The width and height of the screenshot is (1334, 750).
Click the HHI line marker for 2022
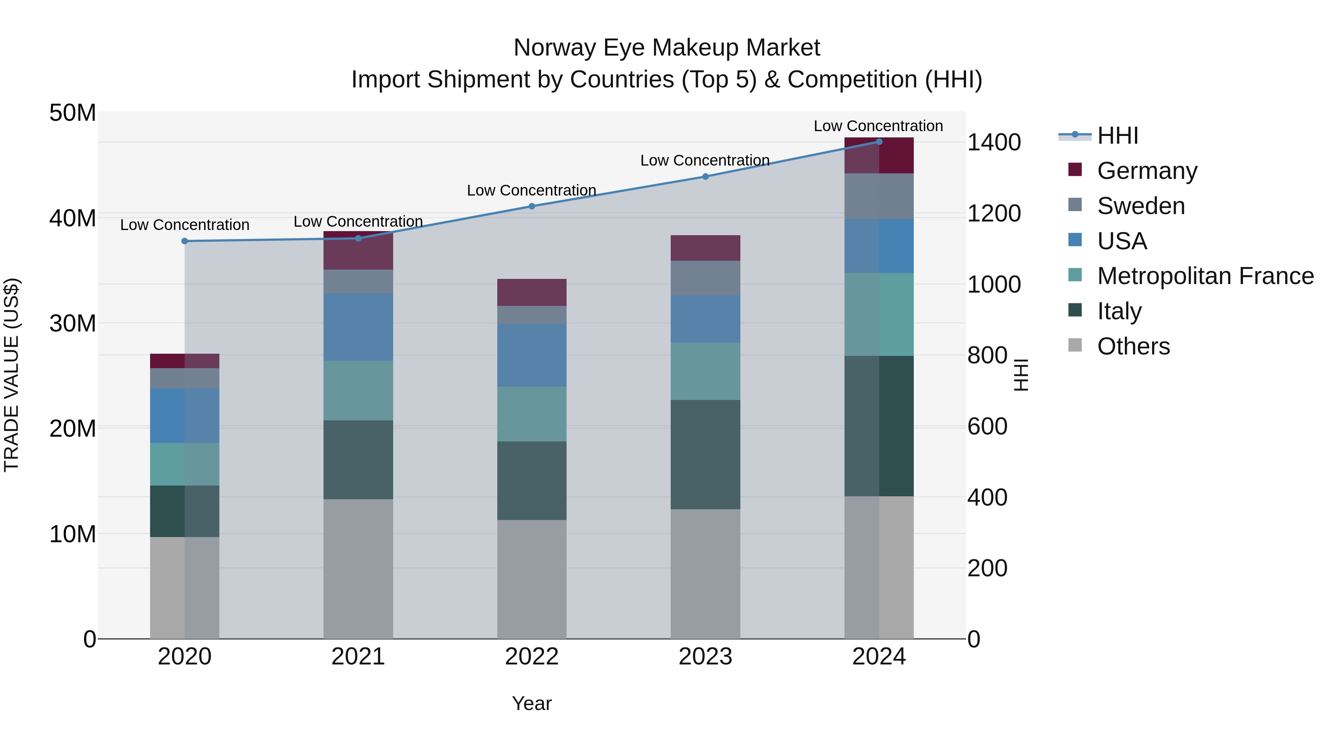pyautogui.click(x=532, y=206)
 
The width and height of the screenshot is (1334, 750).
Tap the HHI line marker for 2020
pyautogui.click(x=185, y=241)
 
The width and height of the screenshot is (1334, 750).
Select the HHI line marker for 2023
pyautogui.click(x=705, y=177)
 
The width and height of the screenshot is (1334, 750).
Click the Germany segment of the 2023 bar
pyautogui.click(x=705, y=248)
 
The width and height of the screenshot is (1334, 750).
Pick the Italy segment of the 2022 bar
pyautogui.click(x=532, y=480)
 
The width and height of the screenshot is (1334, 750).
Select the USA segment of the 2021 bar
pyautogui.click(x=358, y=327)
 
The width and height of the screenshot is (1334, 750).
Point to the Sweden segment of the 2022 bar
pyautogui.click(x=532, y=315)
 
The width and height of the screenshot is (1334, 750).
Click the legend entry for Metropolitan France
pyautogui.click(x=1205, y=276)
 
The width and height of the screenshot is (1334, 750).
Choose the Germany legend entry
pyautogui.click(x=1147, y=171)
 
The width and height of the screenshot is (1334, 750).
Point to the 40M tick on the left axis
pyautogui.click(x=73, y=218)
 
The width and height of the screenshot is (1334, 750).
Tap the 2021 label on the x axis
pyautogui.click(x=358, y=657)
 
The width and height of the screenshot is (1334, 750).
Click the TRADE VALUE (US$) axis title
pyautogui.click(x=11, y=375)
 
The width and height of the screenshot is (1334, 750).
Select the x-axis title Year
pyautogui.click(x=532, y=703)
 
